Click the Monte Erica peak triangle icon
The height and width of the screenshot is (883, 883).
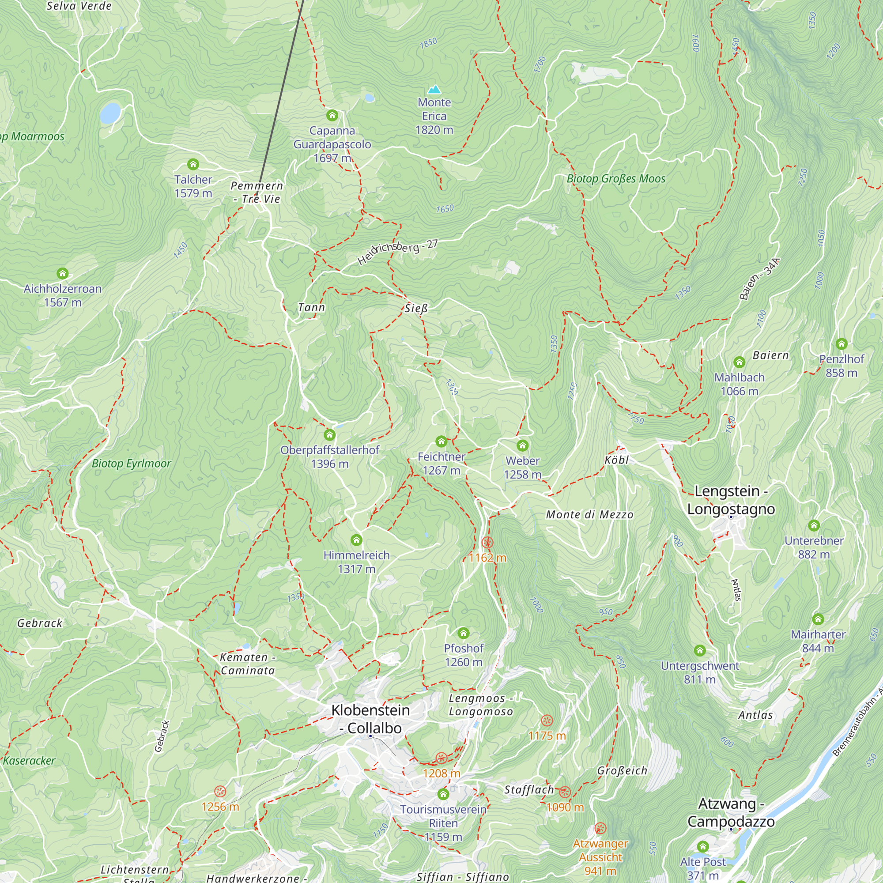click(434, 89)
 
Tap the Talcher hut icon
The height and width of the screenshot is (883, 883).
click(193, 164)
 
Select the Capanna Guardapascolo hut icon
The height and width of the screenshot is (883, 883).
click(332, 115)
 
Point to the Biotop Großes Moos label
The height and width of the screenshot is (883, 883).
click(615, 179)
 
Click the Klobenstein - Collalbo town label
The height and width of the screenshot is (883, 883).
click(370, 719)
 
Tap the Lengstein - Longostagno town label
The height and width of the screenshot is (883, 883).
click(731, 500)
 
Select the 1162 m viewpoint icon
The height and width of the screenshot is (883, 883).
click(487, 543)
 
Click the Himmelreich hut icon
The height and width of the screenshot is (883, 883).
click(356, 540)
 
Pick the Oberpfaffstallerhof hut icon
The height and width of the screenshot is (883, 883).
click(329, 434)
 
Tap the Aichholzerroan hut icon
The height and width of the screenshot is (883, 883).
click(63, 274)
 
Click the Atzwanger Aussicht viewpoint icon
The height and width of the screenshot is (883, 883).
click(600, 828)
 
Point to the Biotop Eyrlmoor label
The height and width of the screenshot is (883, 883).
click(131, 464)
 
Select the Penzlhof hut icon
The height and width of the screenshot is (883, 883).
click(841, 343)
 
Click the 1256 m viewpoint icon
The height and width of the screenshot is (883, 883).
click(220, 792)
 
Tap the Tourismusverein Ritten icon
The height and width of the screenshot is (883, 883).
click(443, 794)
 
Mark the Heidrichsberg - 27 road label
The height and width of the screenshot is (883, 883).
click(397, 252)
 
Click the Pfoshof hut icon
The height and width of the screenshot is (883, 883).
click(464, 633)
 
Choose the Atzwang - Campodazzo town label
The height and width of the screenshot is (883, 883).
click(731, 812)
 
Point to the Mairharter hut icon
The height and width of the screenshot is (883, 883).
click(818, 619)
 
